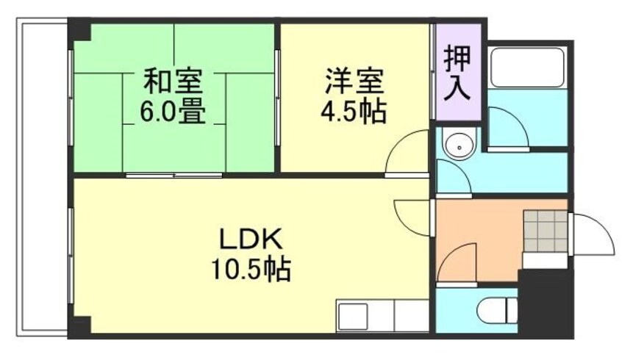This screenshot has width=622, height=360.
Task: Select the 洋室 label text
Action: pos(354,79)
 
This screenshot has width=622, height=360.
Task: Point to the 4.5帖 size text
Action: pos(354,112)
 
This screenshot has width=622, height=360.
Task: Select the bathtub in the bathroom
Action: pos(527,68)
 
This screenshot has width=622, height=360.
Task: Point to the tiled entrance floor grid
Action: pos(545,231)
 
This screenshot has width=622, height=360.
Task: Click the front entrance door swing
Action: pos(591,234)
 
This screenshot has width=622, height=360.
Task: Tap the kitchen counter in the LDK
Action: pos(382,317)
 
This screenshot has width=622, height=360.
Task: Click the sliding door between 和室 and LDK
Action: pos(174,175)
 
